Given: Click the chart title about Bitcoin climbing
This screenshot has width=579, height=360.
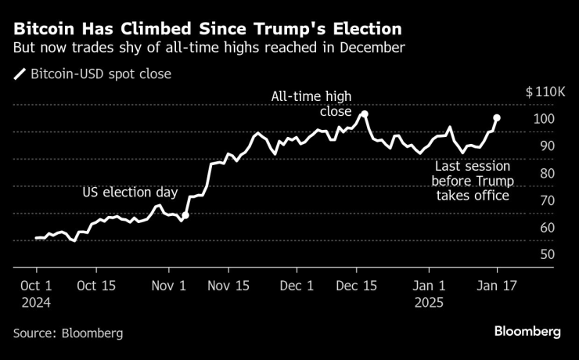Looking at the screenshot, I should [207, 30].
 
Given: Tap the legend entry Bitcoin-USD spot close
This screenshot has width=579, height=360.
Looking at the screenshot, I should [100, 74].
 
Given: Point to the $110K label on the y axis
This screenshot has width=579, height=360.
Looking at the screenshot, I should [545, 92].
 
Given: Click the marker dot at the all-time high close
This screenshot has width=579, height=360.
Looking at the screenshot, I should [365, 114].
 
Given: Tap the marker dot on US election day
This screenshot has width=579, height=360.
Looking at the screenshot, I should [185, 214].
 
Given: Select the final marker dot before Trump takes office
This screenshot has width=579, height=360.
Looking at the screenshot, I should [497, 118].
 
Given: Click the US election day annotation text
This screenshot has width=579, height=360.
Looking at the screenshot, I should [131, 193].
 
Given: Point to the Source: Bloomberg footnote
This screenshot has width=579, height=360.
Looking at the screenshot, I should [67, 333].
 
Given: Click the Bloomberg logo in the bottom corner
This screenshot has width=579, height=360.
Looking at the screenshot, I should [527, 332].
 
